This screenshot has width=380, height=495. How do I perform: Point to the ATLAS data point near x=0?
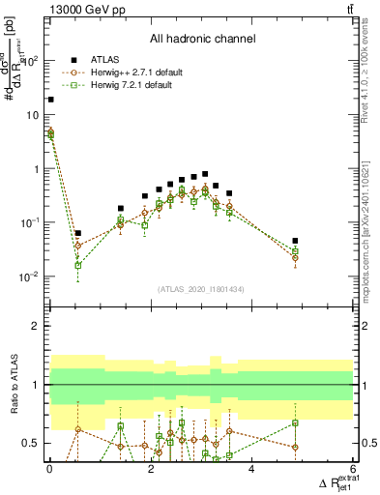point(50,99)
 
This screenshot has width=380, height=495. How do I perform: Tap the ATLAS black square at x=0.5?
point(77,233)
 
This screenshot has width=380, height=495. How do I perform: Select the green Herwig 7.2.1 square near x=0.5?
point(77,265)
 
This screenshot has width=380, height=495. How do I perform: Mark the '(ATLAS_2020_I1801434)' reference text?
point(201,289)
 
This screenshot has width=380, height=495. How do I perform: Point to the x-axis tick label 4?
point(251,470)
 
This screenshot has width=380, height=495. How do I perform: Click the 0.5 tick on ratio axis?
point(33,443)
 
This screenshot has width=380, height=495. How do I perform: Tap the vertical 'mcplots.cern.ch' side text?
point(372,242)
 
